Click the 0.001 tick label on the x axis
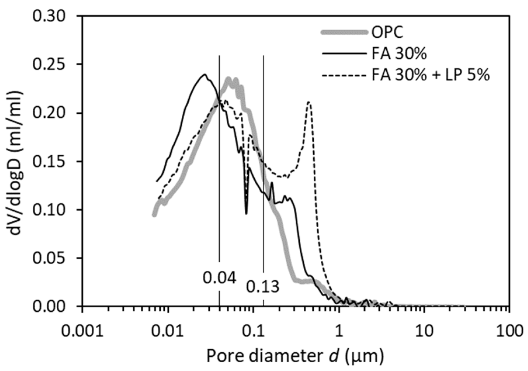point(82,332)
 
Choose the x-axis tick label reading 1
point(338,332)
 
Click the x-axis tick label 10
point(424,332)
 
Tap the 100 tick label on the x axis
point(509,332)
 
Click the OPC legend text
point(387,32)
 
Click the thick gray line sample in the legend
point(344,32)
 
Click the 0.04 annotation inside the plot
point(220,278)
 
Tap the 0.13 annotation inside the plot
point(263,287)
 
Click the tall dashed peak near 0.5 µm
point(309,102)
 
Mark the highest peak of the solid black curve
point(205,74)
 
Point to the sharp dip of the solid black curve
point(246,213)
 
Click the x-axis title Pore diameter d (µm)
point(295,356)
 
